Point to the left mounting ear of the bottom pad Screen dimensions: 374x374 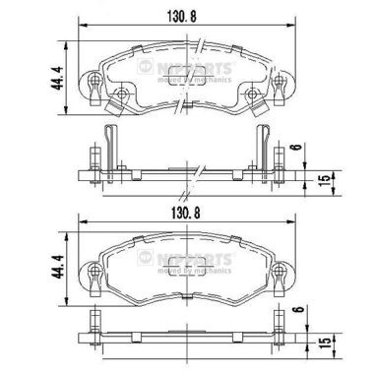point(93,270)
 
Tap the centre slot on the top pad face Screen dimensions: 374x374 point(184,85)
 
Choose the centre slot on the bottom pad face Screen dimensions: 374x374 point(184,273)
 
